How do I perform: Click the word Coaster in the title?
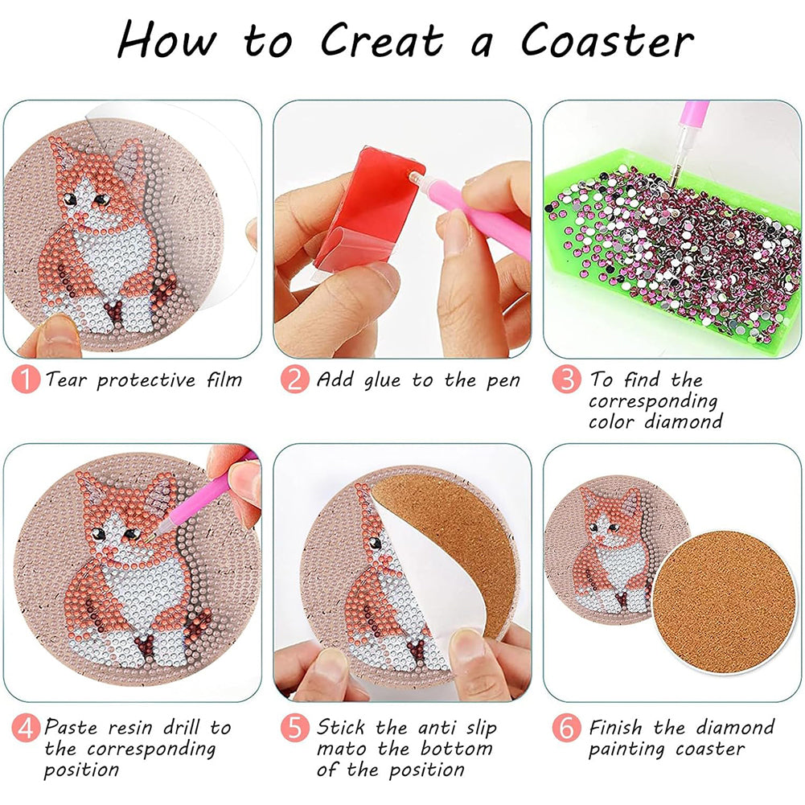pyautogui.click(x=607, y=40)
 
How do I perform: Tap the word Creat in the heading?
pyautogui.click(x=382, y=40)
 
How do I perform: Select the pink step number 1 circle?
pyautogui.click(x=26, y=380)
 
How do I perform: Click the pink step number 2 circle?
pyautogui.click(x=294, y=380)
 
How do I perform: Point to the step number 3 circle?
pyautogui.click(x=566, y=380)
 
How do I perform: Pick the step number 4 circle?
pyautogui.click(x=26, y=728)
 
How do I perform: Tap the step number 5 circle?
pyautogui.click(x=294, y=728)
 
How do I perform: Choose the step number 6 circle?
pyautogui.click(x=566, y=728)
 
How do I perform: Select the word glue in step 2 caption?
pyautogui.click(x=382, y=381)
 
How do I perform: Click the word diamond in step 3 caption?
pyautogui.click(x=684, y=421)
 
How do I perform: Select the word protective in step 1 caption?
pyautogui.click(x=146, y=381)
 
